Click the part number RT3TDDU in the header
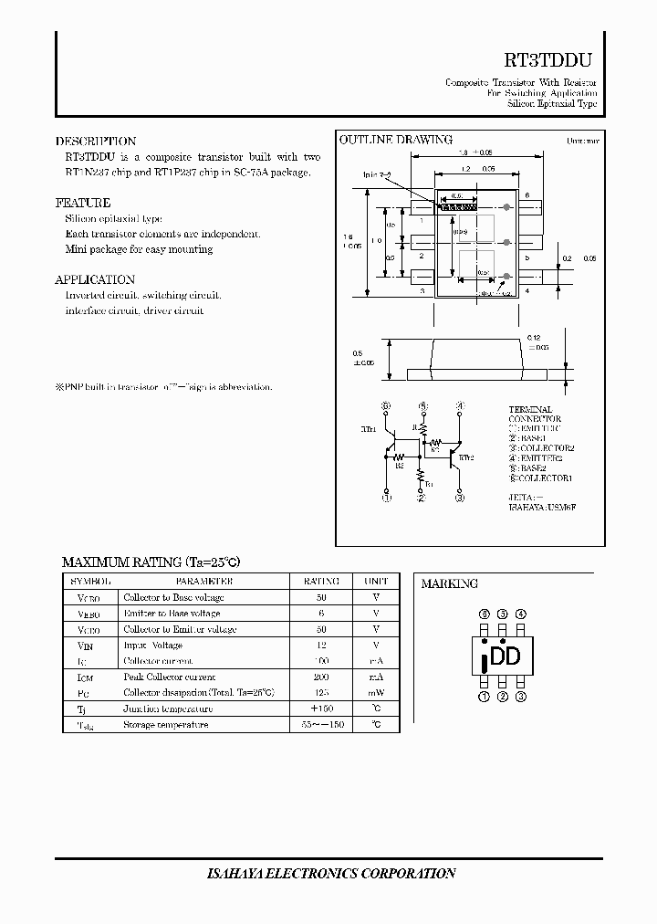pyautogui.click(x=548, y=60)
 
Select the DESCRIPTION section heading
pyautogui.click(x=96, y=142)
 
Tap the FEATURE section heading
pyautogui.click(x=83, y=203)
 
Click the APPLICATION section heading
pyautogui.click(x=95, y=279)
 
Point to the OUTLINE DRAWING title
pyautogui.click(x=396, y=140)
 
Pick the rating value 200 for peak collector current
pyautogui.click(x=320, y=677)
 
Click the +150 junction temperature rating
pyautogui.click(x=320, y=709)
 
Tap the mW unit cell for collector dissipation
pyautogui.click(x=376, y=693)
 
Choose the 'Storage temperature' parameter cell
pyautogui.click(x=166, y=725)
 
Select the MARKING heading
pyautogui.click(x=449, y=583)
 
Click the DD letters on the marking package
pyautogui.click(x=506, y=656)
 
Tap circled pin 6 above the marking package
pyautogui.click(x=484, y=614)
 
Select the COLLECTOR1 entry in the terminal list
pyautogui.click(x=540, y=478)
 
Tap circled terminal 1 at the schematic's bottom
pyautogui.click(x=386, y=499)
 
